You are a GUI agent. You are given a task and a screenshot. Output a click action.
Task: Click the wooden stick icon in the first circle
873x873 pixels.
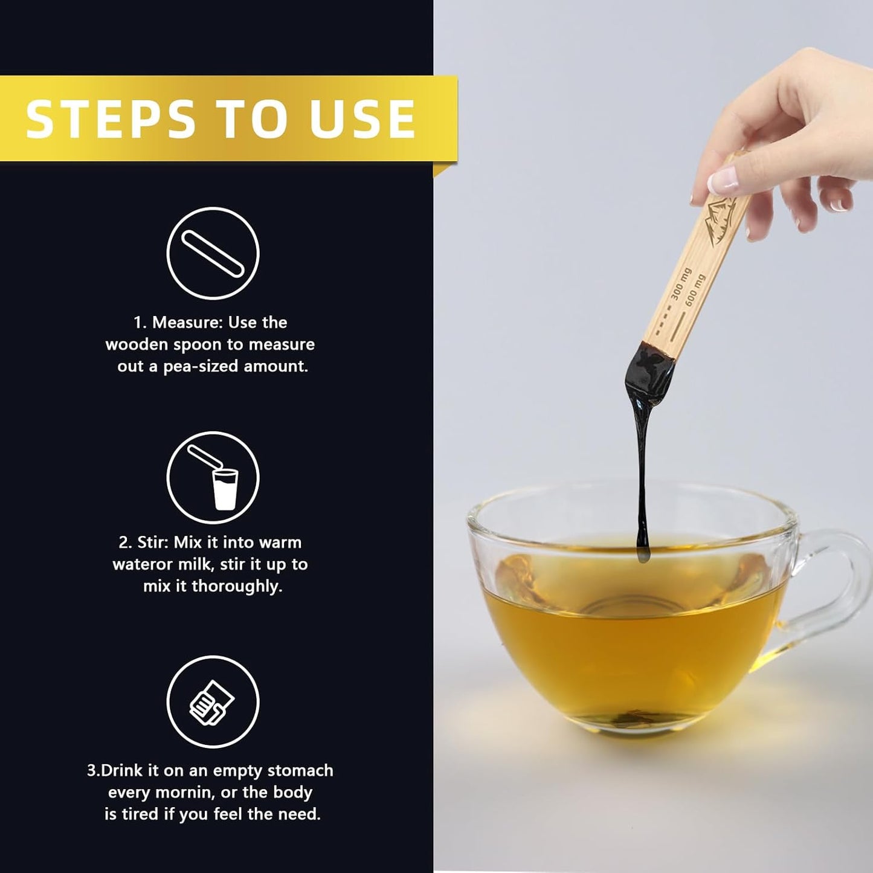pyautogui.click(x=213, y=253)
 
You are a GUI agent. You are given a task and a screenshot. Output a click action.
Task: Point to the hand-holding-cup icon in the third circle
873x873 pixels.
pyautogui.click(x=211, y=703)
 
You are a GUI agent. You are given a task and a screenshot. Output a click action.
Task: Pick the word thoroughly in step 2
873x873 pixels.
pyautogui.click(x=237, y=587)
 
